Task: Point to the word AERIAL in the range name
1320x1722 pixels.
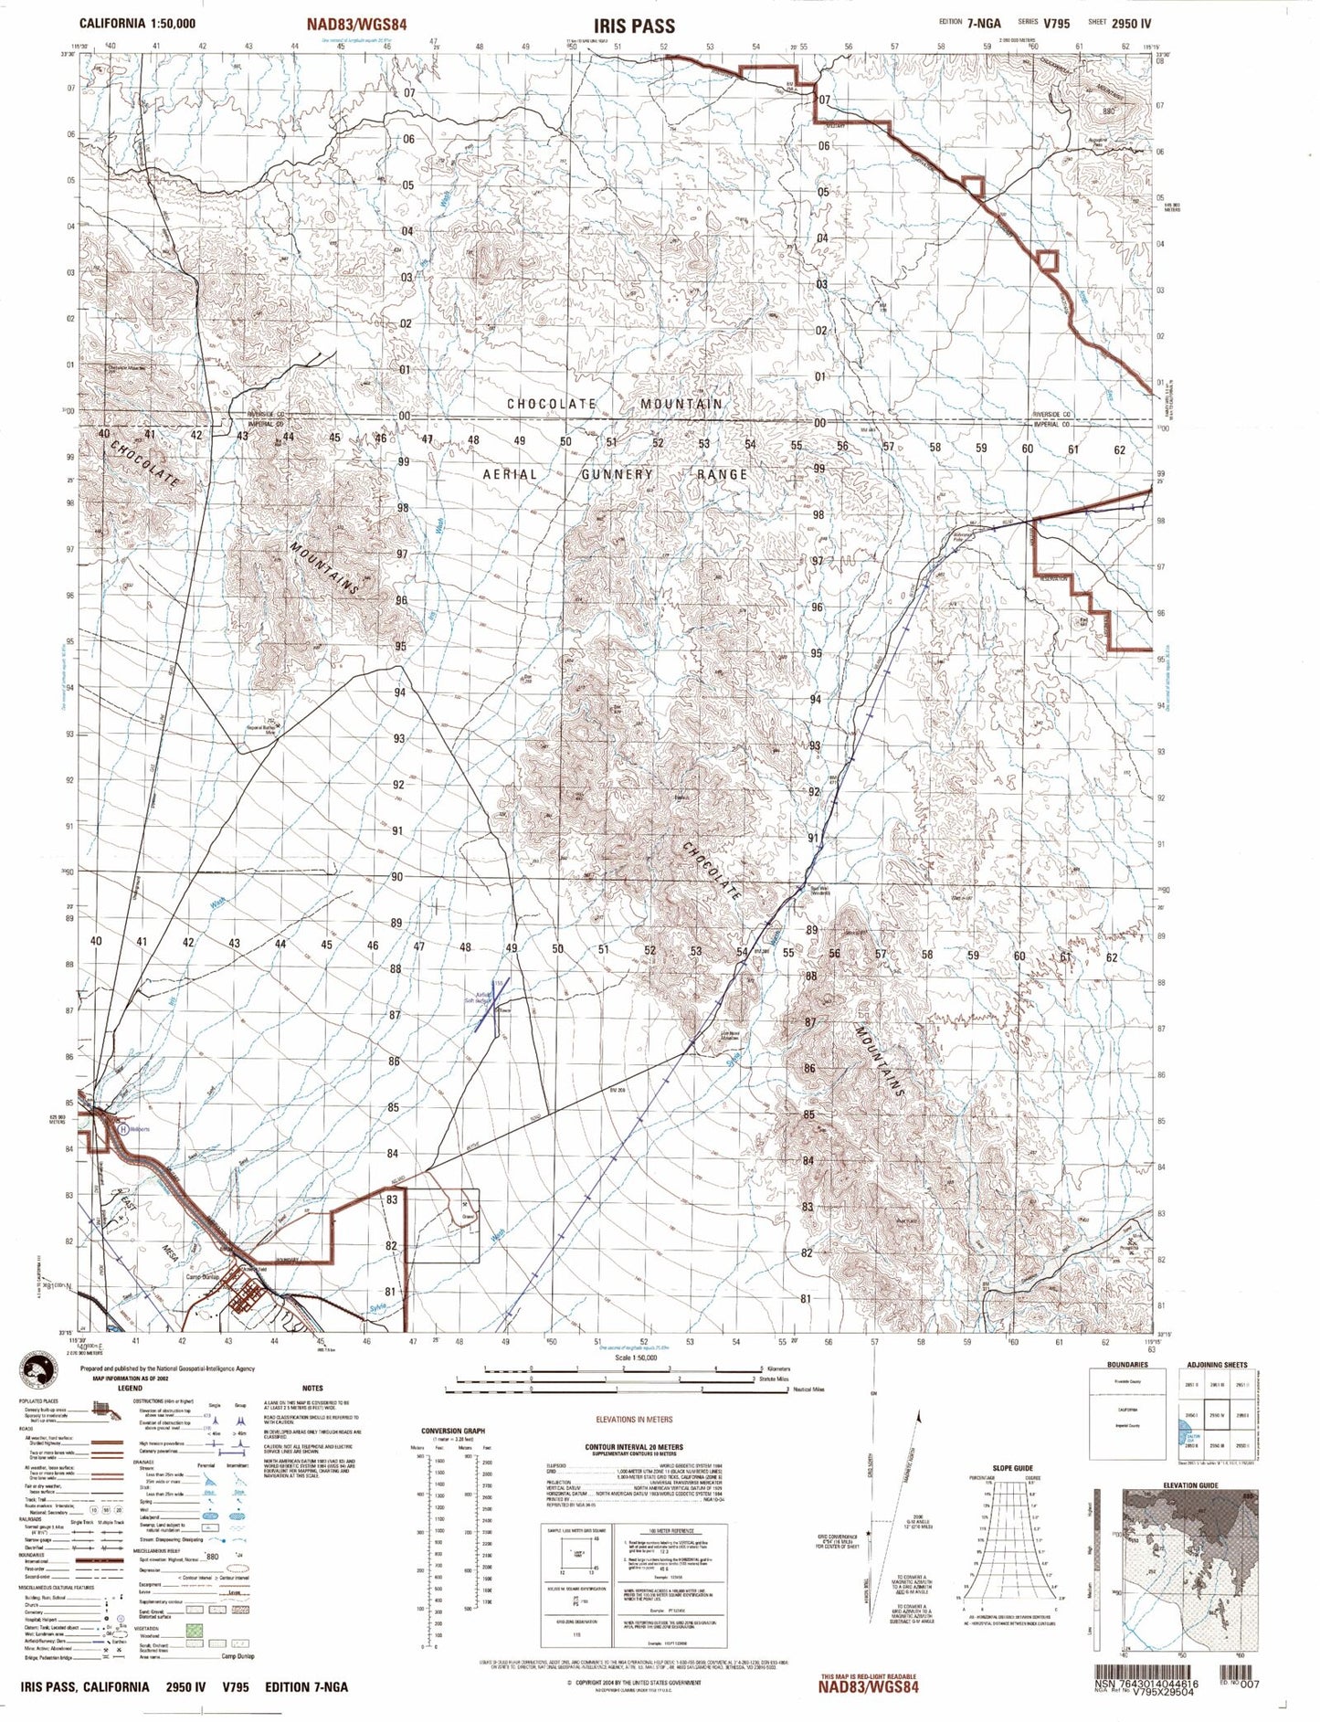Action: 510,474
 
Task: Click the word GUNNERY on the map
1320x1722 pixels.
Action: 617,474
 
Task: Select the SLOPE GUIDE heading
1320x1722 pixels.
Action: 1009,1467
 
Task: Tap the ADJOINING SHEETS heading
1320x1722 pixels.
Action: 1217,1365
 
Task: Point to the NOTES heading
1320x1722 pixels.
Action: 312,1387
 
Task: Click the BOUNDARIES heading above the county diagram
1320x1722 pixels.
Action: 1126,1365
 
